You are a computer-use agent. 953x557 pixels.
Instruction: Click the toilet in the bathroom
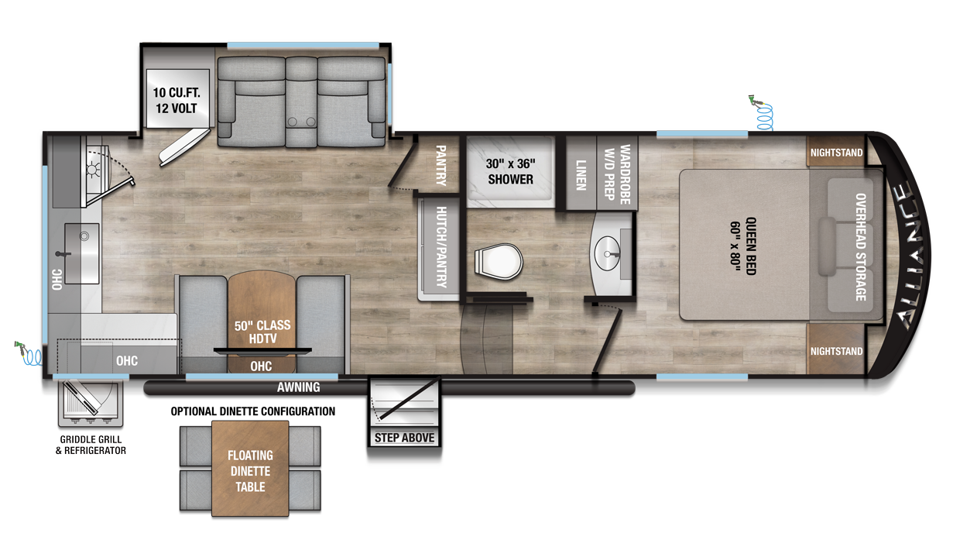tap(499, 262)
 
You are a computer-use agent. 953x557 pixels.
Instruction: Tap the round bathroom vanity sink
tap(607, 253)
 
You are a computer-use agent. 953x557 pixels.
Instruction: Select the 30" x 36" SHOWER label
tap(510, 171)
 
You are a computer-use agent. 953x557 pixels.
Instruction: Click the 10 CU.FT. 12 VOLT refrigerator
tap(177, 98)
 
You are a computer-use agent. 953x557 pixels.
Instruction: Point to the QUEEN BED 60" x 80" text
tap(743, 246)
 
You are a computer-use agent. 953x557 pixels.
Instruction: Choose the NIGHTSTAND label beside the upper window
tap(836, 153)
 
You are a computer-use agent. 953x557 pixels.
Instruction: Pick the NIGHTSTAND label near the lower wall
tap(836, 351)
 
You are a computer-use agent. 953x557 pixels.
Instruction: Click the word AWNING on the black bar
tap(299, 387)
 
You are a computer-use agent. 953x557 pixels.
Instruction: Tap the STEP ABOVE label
tap(404, 438)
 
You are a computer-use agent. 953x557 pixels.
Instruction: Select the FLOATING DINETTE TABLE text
tap(250, 471)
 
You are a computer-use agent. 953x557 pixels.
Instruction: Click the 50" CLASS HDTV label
tap(262, 332)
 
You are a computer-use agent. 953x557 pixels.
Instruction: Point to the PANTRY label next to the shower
tap(441, 166)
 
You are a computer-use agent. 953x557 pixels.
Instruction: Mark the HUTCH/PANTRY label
tap(441, 247)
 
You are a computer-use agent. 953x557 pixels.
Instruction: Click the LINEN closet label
tap(581, 175)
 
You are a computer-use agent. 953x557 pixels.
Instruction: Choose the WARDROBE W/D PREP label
tap(617, 174)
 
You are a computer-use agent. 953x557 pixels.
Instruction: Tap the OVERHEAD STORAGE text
tap(861, 247)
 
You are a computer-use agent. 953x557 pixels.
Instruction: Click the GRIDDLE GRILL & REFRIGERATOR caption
tap(91, 445)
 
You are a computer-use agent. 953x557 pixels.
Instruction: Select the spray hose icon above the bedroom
tap(762, 113)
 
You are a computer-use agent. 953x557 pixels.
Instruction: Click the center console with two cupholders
tap(301, 102)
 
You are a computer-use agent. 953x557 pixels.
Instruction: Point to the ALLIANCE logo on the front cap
tap(910, 256)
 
